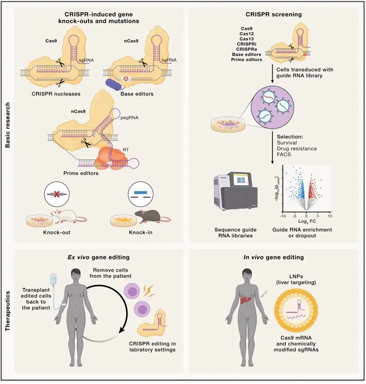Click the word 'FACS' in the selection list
click(283, 155)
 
